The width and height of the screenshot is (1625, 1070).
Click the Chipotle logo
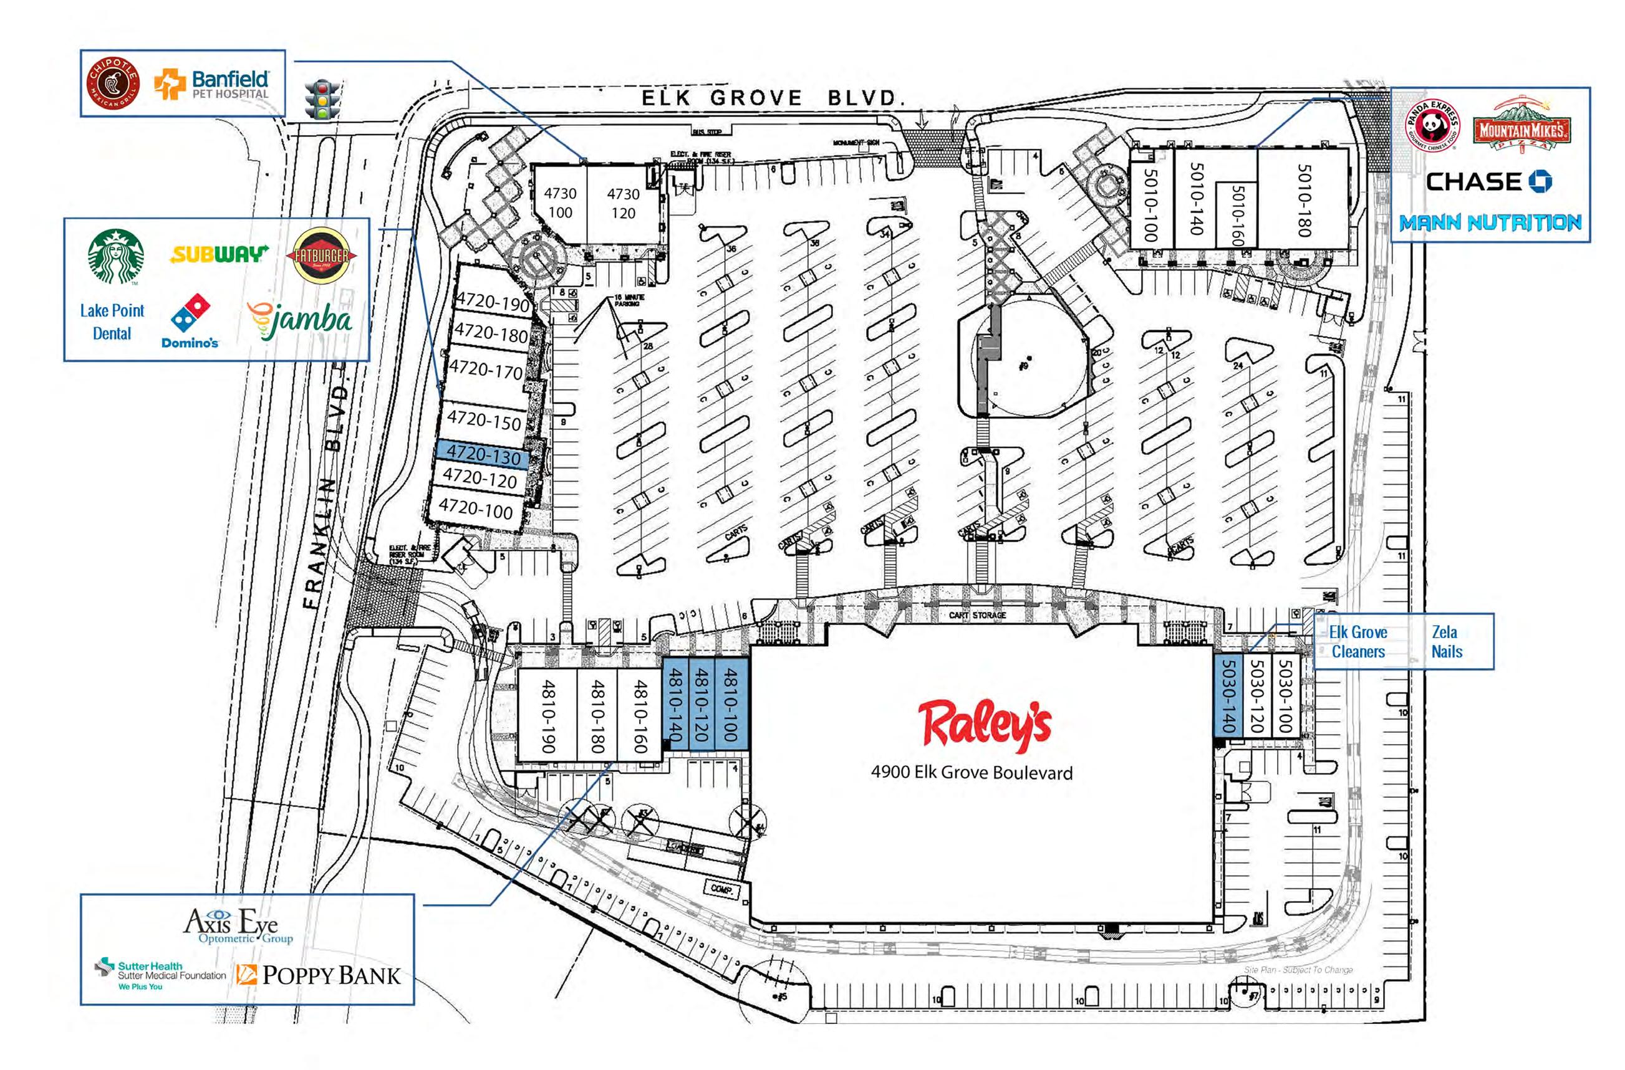point(113,85)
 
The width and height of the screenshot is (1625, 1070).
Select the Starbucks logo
point(116,256)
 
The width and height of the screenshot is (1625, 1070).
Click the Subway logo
point(218,254)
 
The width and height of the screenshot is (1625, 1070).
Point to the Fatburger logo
point(321,256)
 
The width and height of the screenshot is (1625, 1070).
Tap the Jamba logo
point(301,321)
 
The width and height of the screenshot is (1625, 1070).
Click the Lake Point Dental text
point(112,322)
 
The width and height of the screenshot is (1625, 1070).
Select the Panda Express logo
point(1432,125)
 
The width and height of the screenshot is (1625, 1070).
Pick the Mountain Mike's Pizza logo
point(1521,128)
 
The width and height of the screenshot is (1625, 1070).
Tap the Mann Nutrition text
point(1490,222)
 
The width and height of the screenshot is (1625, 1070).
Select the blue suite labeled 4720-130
point(483,454)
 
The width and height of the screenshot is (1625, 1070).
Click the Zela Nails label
point(1446,641)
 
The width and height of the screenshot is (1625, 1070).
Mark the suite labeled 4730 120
point(623,203)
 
